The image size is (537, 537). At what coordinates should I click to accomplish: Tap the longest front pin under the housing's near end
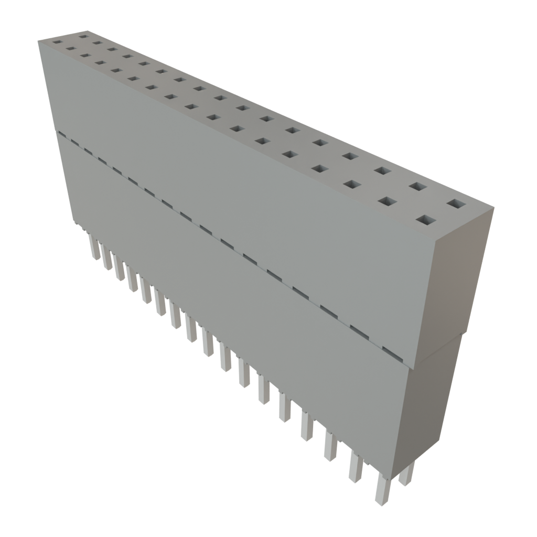[x=383, y=490]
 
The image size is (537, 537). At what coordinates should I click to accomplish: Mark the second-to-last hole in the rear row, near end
[x=417, y=186]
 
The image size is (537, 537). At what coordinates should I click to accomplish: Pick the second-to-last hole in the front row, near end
[x=388, y=202]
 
